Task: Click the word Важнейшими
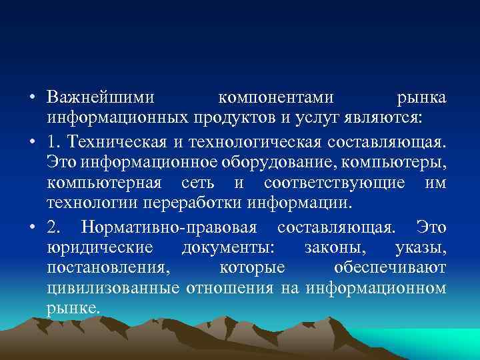point(101,98)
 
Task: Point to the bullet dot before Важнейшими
point(31,98)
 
